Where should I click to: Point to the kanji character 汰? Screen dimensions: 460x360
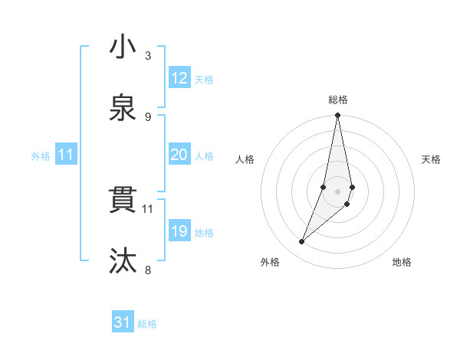pos(123,261)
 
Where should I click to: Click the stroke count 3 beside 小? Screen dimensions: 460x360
pos(148,55)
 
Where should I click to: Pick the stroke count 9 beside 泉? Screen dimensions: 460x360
pos(148,116)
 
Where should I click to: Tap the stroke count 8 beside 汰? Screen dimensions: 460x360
pos(148,270)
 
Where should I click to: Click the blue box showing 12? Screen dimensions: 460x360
pos(179,78)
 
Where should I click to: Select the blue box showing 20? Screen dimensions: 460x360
pos(179,155)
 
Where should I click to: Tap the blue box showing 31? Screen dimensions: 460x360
pos(123,322)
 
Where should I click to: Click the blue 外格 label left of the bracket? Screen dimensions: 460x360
pos(41,155)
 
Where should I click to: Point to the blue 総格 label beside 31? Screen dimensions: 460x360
pos(147,324)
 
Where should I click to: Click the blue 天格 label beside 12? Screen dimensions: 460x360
pos(204,80)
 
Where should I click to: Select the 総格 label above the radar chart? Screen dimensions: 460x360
pos(338,100)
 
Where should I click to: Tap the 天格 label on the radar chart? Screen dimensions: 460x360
pos(431,159)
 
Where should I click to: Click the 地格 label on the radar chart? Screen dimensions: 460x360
pos(402,262)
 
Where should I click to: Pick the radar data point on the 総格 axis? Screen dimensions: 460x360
pos(338,116)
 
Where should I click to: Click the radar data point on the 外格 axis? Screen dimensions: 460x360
pos(302,242)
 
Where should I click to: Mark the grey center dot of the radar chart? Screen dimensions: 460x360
pos(338,191)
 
